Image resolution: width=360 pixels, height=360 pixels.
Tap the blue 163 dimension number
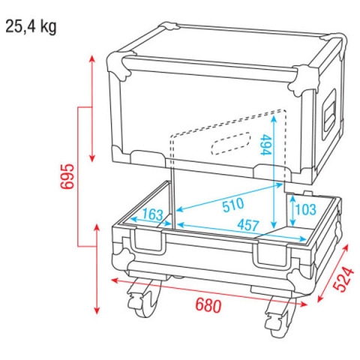click(x=151, y=215)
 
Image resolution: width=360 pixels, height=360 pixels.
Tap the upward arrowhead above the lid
click(x=92, y=58)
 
